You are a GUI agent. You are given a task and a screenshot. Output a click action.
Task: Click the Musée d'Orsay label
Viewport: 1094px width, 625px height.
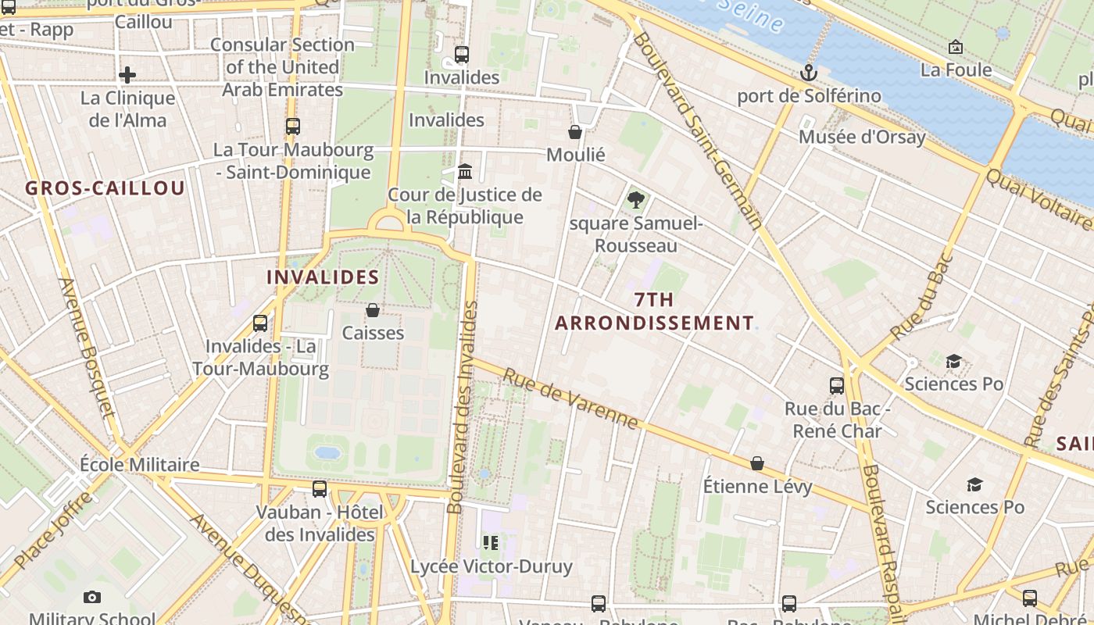click(x=861, y=137)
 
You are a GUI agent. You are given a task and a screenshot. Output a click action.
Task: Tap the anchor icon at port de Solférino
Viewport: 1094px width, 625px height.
click(x=809, y=73)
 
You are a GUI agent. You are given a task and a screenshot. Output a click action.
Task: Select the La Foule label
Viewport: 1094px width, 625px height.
click(x=956, y=70)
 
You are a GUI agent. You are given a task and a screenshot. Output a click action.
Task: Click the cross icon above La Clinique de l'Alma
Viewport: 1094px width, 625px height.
click(x=127, y=75)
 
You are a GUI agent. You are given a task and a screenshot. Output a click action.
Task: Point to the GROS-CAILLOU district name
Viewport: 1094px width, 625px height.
click(x=105, y=188)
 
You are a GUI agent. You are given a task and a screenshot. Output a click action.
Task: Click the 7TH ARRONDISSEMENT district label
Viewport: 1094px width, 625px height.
click(x=654, y=311)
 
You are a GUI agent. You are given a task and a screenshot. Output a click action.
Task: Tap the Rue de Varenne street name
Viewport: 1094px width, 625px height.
click(x=570, y=398)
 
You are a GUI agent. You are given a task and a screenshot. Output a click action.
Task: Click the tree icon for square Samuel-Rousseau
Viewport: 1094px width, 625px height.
click(x=636, y=200)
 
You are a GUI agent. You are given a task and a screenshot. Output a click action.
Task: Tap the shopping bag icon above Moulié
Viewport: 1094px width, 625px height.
click(x=575, y=132)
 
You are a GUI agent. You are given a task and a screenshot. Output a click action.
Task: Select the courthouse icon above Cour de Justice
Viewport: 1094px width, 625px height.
click(x=465, y=171)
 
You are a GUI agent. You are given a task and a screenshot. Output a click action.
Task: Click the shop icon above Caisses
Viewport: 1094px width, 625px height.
click(x=373, y=310)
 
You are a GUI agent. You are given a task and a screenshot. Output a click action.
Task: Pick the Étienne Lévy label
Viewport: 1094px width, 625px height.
click(x=757, y=487)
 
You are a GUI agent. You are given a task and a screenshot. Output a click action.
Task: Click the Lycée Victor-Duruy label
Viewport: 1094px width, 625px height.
click(x=492, y=566)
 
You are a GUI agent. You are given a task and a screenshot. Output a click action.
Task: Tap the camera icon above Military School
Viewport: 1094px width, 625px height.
click(x=92, y=598)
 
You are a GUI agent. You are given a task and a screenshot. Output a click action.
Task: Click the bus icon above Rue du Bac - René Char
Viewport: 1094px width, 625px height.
click(x=836, y=385)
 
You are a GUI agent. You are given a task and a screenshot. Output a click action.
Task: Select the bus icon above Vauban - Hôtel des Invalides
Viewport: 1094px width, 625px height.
click(x=320, y=489)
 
